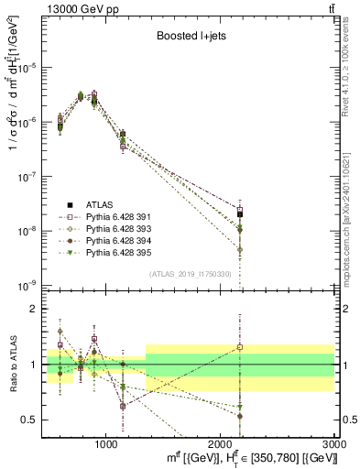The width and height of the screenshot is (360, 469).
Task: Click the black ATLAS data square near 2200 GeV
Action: (x=240, y=213)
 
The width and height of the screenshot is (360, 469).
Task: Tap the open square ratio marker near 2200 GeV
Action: (x=240, y=347)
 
